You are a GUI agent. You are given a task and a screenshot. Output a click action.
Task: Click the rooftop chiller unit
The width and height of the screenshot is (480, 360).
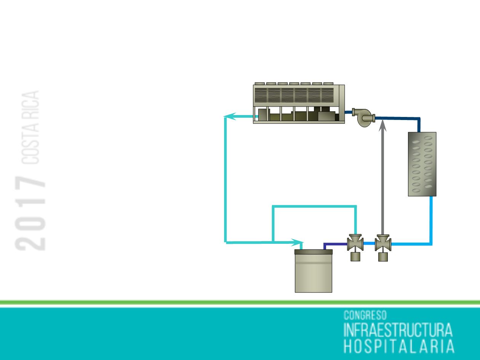(x=299, y=103)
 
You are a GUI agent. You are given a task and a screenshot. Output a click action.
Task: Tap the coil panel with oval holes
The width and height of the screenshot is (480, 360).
(x=422, y=164)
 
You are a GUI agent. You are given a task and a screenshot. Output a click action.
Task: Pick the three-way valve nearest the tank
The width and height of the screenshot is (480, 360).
(x=355, y=243)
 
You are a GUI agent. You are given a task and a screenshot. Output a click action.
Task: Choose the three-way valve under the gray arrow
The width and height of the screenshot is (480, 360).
(x=383, y=243)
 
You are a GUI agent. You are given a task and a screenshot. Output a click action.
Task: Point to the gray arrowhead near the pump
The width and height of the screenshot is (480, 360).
(x=383, y=125)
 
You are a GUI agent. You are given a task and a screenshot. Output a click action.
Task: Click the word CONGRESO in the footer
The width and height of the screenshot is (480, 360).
(x=365, y=315)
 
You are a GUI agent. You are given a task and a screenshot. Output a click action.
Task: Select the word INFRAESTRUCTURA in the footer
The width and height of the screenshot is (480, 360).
(x=398, y=330)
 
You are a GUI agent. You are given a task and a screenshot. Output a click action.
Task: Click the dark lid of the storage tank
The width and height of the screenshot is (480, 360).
(x=314, y=252)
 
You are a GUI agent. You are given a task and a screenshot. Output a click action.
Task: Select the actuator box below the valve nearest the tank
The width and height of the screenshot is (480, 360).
(x=355, y=257)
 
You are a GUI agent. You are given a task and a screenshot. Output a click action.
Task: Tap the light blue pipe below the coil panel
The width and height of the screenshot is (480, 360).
(x=431, y=221)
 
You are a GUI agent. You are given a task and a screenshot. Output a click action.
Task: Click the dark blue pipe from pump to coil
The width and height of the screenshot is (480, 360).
(x=400, y=118)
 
